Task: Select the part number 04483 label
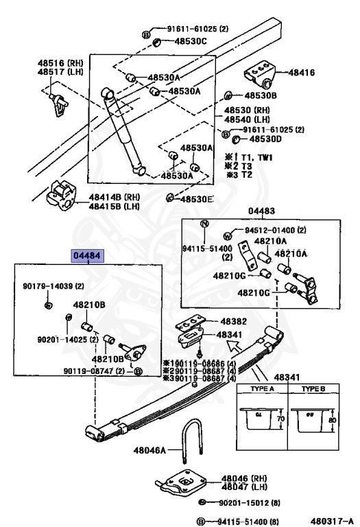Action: pos(261,212)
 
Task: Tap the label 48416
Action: pos(301,71)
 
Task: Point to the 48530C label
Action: pos(190,42)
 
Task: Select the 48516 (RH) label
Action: pos(60,62)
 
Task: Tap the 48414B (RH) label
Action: pos(113,197)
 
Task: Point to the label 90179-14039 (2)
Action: pos(52,285)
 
